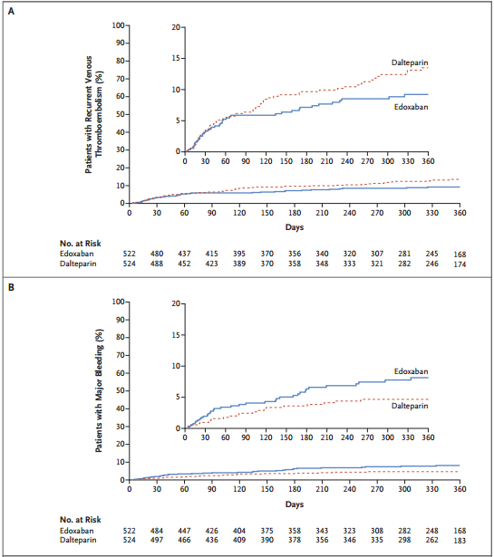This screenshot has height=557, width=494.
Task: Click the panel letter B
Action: click(12, 286)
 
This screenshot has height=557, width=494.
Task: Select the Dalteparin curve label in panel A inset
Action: click(410, 62)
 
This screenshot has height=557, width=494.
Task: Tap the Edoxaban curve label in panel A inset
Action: click(411, 107)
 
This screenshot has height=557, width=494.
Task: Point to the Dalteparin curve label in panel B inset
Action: click(411, 406)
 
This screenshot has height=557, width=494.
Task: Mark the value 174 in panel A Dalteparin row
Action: click(460, 264)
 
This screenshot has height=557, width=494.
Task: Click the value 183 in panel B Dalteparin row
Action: click(460, 542)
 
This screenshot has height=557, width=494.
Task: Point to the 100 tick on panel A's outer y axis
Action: click(116, 25)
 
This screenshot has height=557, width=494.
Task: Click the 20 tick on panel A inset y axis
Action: click(176, 27)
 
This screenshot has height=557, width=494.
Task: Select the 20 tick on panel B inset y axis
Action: click(176, 304)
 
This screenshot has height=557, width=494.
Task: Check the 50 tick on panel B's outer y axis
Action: click(118, 391)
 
